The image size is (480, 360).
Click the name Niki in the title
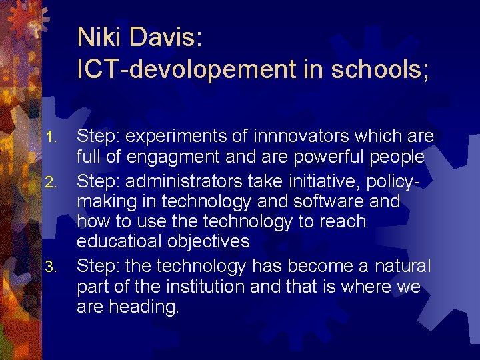(98, 37)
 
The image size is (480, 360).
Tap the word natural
(399, 266)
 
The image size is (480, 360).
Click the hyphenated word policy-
(407, 179)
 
